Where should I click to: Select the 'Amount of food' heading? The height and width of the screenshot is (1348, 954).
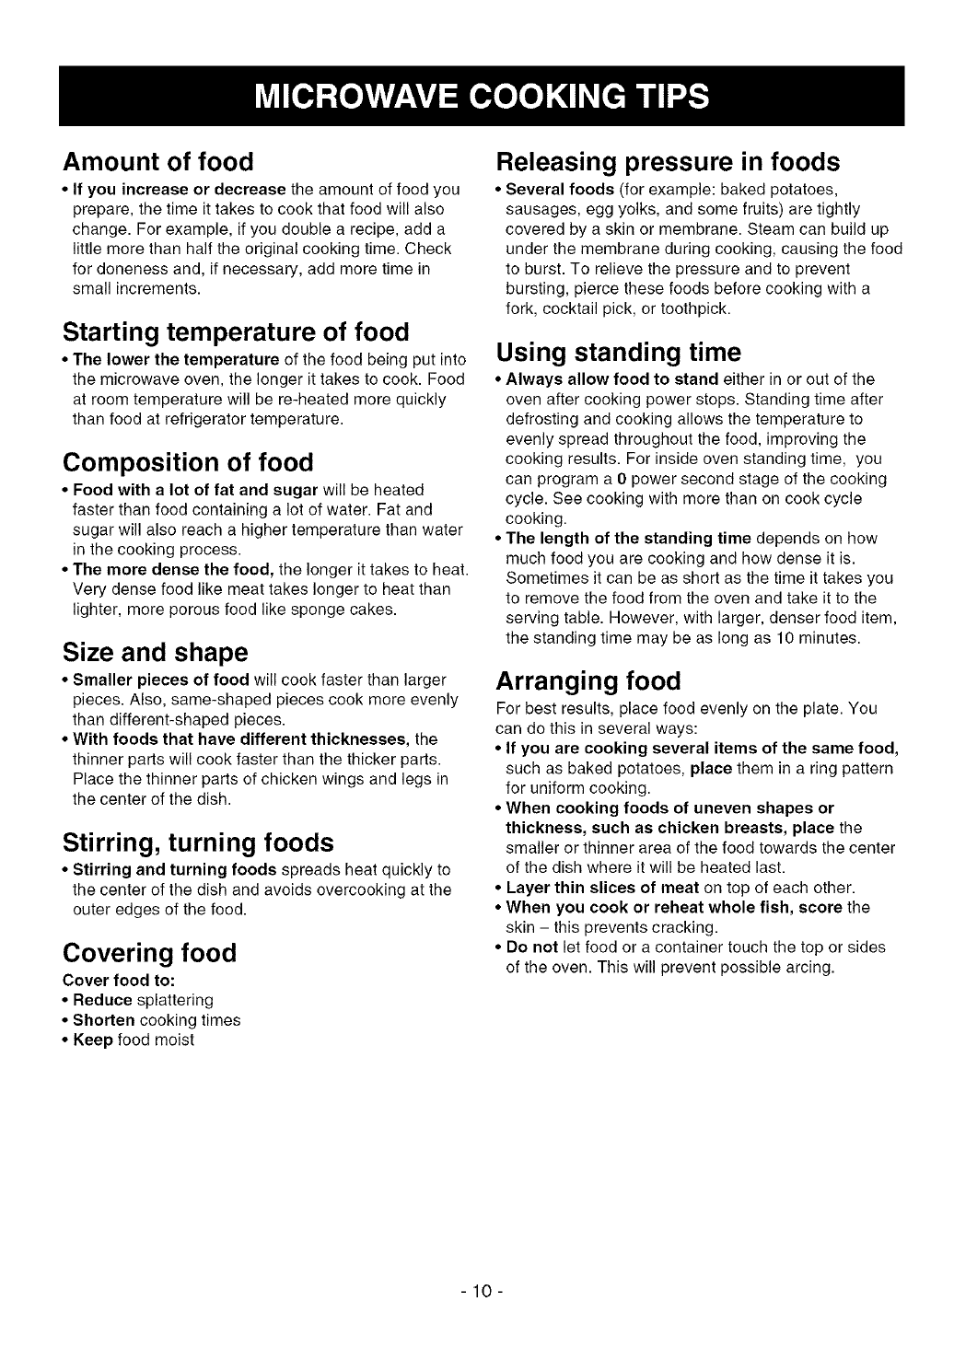(x=157, y=162)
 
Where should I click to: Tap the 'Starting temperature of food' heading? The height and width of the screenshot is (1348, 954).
(x=236, y=331)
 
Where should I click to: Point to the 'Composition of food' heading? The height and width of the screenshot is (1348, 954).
(x=188, y=462)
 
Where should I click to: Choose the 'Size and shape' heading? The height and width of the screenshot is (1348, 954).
(x=155, y=653)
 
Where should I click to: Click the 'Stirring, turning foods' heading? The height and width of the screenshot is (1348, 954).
(x=197, y=843)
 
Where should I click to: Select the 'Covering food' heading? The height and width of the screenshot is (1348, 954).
(x=149, y=952)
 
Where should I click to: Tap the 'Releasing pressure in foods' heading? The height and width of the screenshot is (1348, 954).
(x=668, y=162)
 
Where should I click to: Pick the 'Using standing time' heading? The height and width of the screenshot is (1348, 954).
(x=618, y=353)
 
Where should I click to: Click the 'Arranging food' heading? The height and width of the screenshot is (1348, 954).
(x=588, y=681)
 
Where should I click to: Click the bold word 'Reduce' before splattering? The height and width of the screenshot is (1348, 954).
(x=102, y=1000)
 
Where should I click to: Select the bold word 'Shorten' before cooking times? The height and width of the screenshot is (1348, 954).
(x=104, y=1020)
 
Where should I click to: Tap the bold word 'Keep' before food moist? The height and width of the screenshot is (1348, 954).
(x=93, y=1040)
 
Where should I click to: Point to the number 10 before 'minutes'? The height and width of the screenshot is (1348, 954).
(x=777, y=638)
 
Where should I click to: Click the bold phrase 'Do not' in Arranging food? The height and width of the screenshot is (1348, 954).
(x=533, y=947)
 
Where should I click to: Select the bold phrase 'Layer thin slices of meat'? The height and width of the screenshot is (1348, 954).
(x=602, y=888)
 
